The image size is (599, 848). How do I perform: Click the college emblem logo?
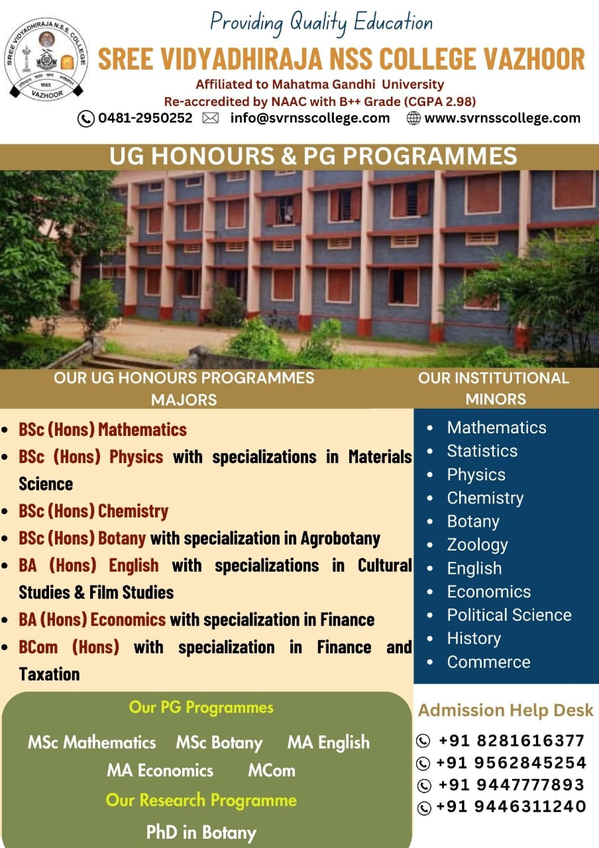46,60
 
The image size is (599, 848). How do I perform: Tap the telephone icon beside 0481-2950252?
85,119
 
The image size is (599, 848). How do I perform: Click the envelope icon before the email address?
210,118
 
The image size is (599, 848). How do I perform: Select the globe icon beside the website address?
413,119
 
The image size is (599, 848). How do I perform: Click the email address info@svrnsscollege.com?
310,118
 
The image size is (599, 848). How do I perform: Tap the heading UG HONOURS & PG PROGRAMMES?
313,156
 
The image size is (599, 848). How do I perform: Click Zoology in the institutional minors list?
477,545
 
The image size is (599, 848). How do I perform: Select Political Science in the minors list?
510,615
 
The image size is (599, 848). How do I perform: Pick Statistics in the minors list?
482,451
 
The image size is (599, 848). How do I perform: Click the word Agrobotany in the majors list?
340,539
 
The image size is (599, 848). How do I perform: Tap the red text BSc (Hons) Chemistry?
93,511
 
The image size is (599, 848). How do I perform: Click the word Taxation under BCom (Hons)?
49,674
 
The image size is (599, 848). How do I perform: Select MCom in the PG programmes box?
272,770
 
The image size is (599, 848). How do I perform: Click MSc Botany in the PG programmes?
219,743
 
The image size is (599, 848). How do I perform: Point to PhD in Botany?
201,832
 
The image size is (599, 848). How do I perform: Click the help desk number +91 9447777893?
511,785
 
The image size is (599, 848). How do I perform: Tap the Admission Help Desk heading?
506,710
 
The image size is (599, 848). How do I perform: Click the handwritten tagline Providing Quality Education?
321,23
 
